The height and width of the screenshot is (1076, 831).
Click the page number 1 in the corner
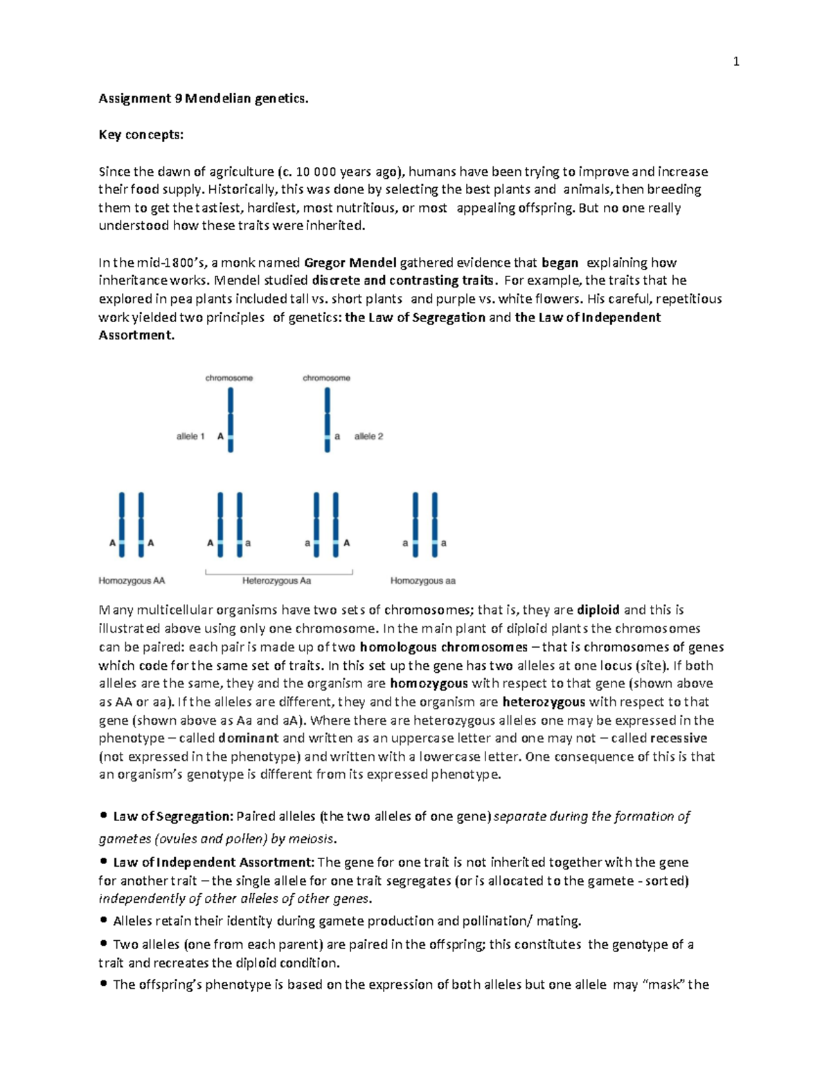point(735,62)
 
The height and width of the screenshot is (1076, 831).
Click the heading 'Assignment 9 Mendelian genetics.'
point(203,98)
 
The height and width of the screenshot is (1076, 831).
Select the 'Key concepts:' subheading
point(141,134)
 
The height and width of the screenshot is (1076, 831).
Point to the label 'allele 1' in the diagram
point(190,436)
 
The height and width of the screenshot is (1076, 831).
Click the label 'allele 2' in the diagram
point(368,436)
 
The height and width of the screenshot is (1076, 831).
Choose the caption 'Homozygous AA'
point(132,581)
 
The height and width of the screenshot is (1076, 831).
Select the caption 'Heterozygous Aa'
point(276,581)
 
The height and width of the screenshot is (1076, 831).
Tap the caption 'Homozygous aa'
point(422,581)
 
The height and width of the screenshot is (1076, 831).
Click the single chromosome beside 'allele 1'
point(231,419)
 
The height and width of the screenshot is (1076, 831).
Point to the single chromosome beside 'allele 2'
point(328,419)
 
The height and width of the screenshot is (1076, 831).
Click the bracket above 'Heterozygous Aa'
point(279,572)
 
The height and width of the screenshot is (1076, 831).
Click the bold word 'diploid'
point(598,610)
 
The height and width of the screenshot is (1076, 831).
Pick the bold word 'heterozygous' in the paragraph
point(544,702)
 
